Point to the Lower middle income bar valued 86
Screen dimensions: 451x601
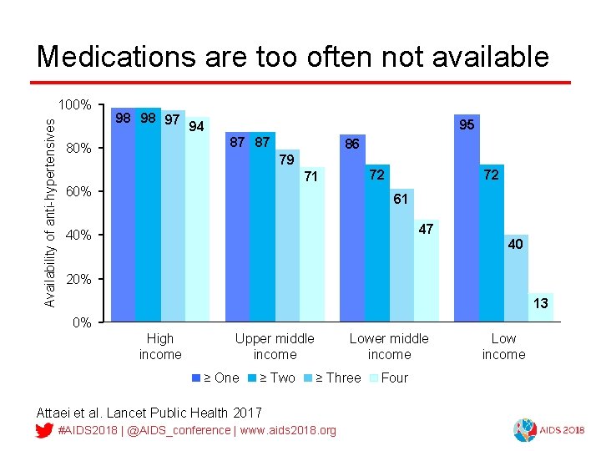click(352, 234)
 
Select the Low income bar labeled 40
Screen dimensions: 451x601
click(516, 280)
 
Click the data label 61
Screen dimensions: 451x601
click(401, 200)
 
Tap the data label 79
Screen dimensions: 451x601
click(286, 160)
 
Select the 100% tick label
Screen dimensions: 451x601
click(74, 105)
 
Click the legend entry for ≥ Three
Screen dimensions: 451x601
click(337, 378)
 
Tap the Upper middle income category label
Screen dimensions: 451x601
click(275, 347)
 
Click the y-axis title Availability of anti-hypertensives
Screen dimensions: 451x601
click(50, 211)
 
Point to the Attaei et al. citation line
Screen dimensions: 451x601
click(149, 413)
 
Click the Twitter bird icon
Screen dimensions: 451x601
click(45, 430)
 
